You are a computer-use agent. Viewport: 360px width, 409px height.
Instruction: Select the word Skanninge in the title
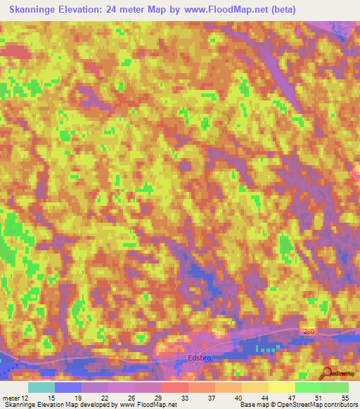[x=35, y=10]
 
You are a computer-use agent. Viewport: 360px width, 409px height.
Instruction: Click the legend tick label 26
[x=122, y=398]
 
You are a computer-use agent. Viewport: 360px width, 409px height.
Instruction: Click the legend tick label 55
[x=344, y=398]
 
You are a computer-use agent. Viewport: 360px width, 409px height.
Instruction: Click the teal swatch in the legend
[x=41, y=387]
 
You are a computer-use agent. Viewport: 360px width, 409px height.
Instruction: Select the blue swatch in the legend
[x=68, y=387]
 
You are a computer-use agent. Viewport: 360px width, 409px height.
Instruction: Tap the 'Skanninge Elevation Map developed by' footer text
[x=61, y=405]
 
